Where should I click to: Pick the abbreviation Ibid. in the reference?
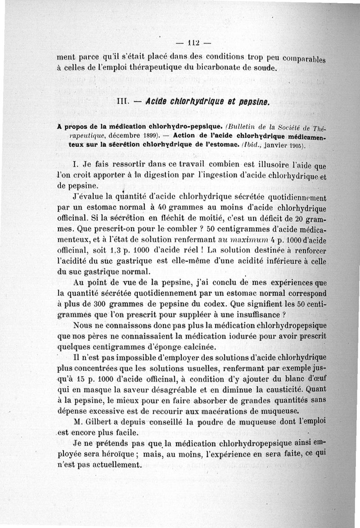pos(246,145)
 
